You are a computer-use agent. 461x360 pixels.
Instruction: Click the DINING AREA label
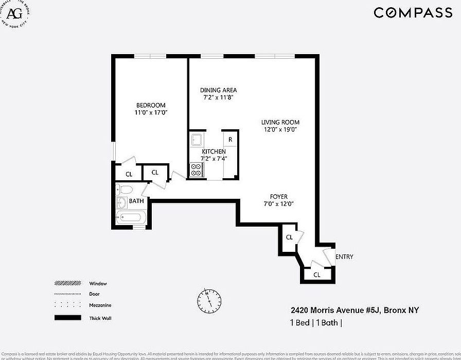pos(218,90)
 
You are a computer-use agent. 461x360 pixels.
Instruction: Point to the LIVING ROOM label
pos(280,122)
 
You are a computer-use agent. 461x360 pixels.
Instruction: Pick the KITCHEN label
pos(214,151)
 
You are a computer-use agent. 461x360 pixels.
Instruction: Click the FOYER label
pos(279,197)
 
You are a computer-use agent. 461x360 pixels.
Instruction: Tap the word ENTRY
pos(344,257)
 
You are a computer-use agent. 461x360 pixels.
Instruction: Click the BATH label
pos(136,201)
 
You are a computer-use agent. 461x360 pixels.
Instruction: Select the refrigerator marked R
pos(230,140)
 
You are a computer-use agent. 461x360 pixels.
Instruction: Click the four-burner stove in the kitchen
pos(196,169)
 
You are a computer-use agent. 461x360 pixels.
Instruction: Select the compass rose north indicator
pos(209,298)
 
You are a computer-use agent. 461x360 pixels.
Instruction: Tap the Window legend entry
pos(98,283)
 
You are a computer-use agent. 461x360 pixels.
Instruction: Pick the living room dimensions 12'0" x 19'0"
pos(280,130)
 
